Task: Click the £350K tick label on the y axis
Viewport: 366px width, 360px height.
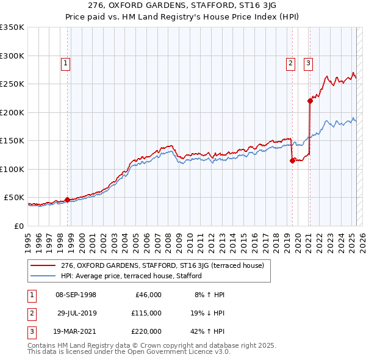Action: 12,27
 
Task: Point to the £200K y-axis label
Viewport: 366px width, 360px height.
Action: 12,112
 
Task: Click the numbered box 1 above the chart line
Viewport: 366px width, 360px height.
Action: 65,62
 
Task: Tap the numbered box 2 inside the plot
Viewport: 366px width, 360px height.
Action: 291,62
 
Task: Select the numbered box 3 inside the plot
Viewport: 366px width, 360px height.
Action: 308,62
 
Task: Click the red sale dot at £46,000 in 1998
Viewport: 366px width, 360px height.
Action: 67,200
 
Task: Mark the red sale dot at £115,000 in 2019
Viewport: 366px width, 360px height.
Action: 292,161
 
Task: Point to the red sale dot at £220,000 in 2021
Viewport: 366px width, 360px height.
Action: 310,101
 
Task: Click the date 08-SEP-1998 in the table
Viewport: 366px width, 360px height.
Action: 76,295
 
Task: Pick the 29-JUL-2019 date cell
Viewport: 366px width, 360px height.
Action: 76,313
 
